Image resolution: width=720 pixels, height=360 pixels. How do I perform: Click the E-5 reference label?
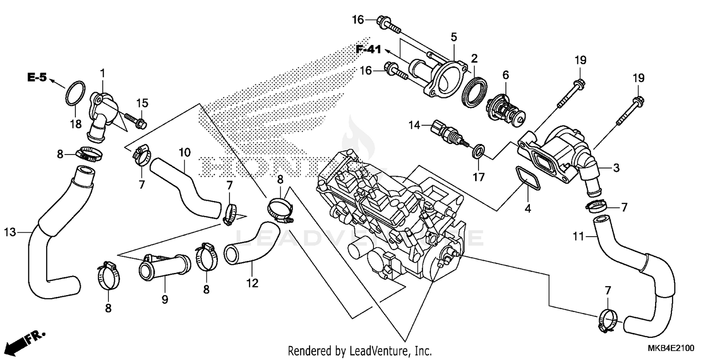coord(37,77)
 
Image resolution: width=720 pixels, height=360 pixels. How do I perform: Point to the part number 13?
coord(10,232)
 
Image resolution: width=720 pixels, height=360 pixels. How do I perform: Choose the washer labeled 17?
coord(478,153)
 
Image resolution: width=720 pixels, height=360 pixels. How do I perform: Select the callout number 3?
coord(616,168)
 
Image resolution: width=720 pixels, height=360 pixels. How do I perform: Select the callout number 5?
coord(454,36)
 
